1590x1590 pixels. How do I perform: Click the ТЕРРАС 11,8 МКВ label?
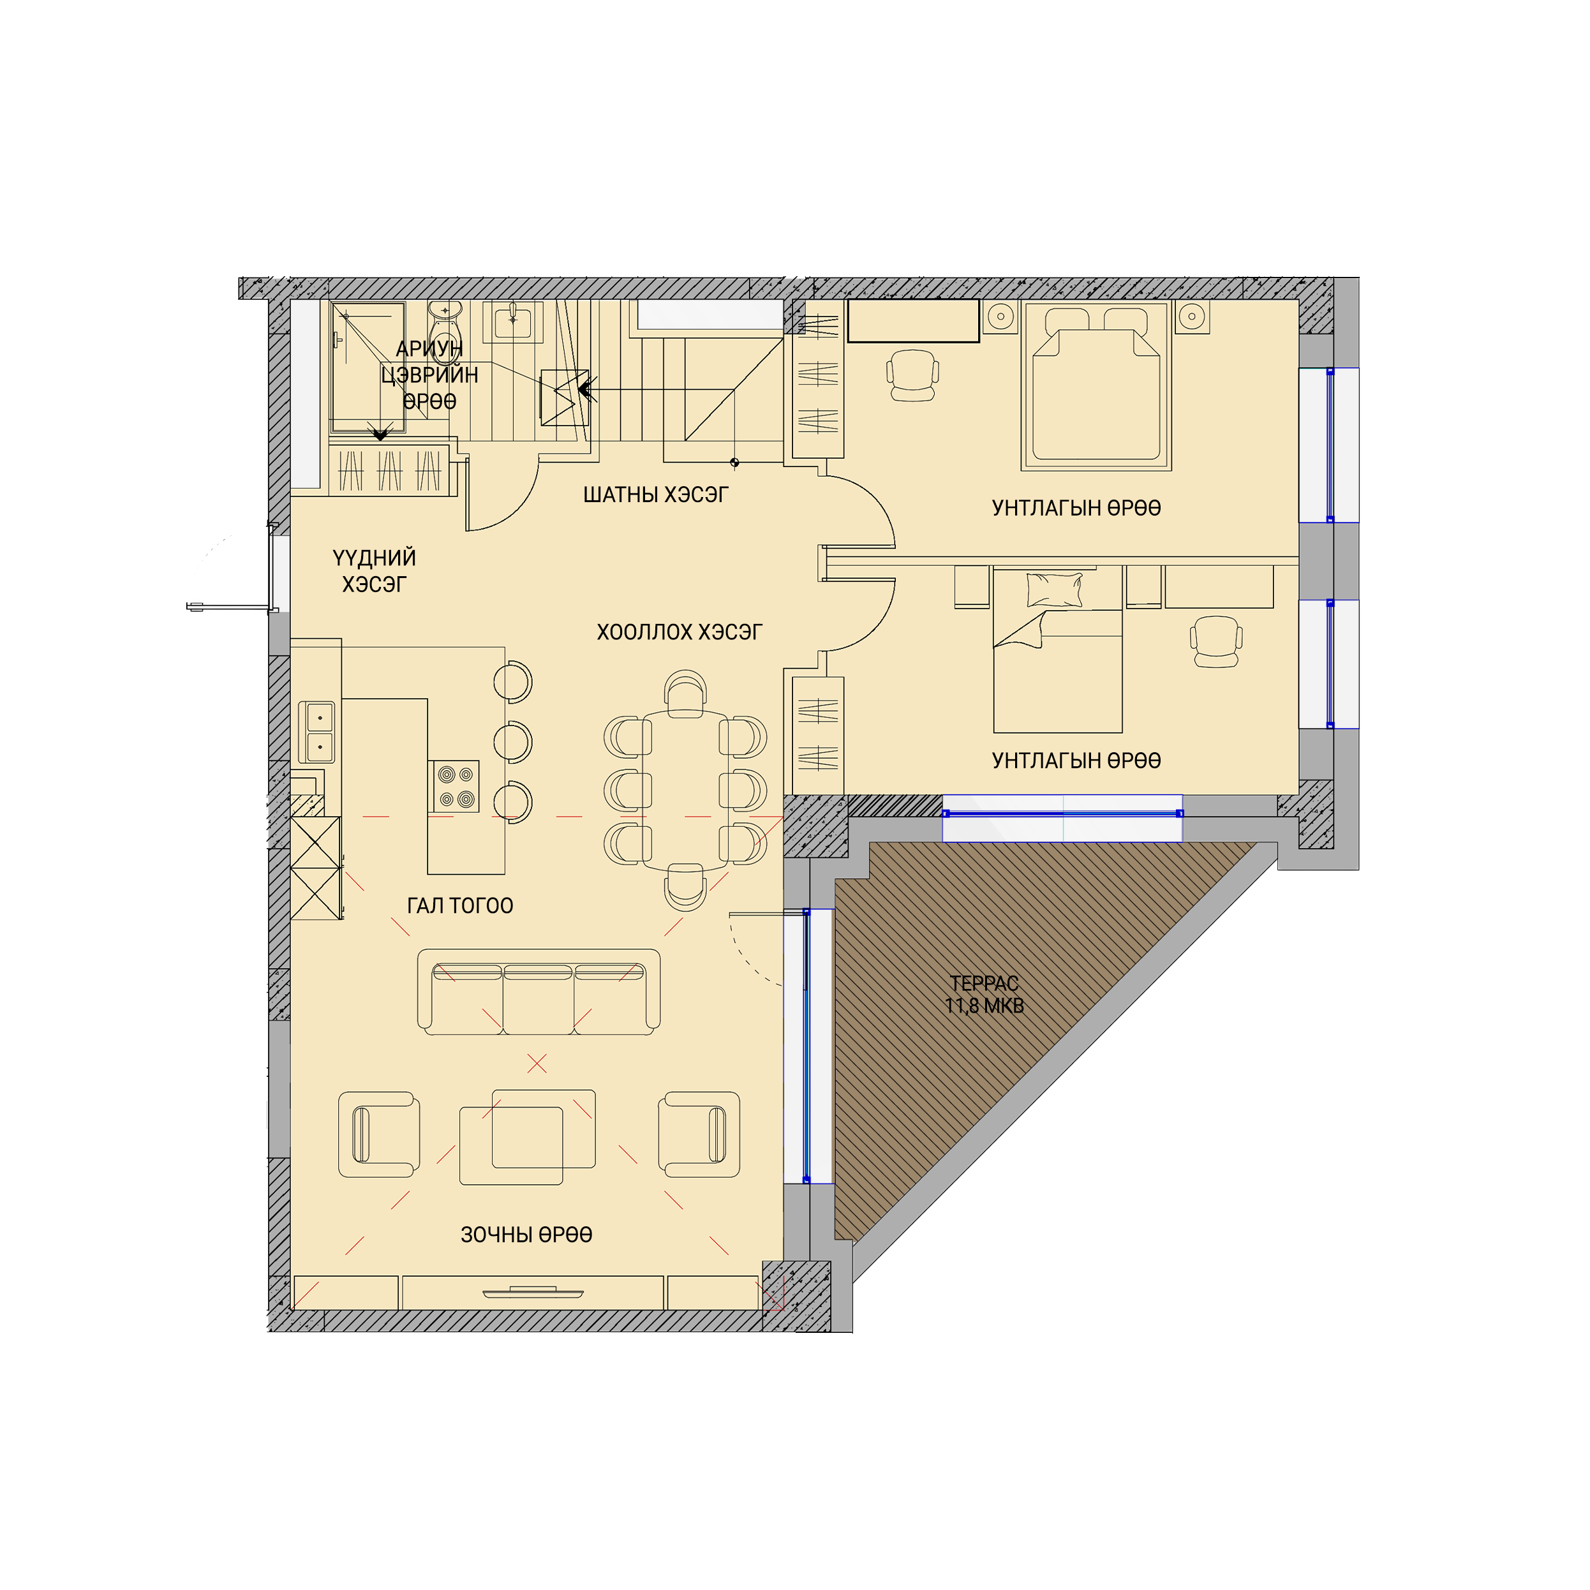(984, 994)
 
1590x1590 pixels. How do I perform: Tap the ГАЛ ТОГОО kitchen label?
(460, 906)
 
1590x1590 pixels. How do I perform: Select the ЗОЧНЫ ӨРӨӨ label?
(527, 1235)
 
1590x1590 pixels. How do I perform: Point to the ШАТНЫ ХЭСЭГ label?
(656, 494)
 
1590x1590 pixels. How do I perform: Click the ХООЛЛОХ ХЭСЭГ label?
(680, 632)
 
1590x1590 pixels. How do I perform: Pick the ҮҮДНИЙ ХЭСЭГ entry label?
(375, 571)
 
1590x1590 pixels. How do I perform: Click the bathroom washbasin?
(513, 321)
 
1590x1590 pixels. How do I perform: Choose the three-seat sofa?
(539, 992)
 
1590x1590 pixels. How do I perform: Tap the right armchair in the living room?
(699, 1135)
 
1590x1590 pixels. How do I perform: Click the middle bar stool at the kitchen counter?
(513, 741)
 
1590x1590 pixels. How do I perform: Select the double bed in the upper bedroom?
(1096, 385)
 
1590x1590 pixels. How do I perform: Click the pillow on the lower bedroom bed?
(1054, 590)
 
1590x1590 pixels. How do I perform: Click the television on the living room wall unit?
(533, 1291)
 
